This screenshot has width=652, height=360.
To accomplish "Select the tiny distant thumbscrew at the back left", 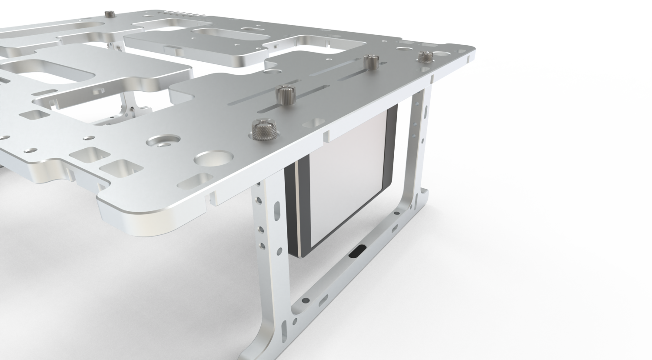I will tap(110, 15).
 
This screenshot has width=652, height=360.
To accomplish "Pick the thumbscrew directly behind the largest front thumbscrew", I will tap(285, 94).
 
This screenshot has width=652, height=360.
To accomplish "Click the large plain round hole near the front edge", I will tap(212, 159).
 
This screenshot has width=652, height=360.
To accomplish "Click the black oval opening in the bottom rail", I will tap(358, 251).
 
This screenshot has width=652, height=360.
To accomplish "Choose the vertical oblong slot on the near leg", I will tap(276, 212).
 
